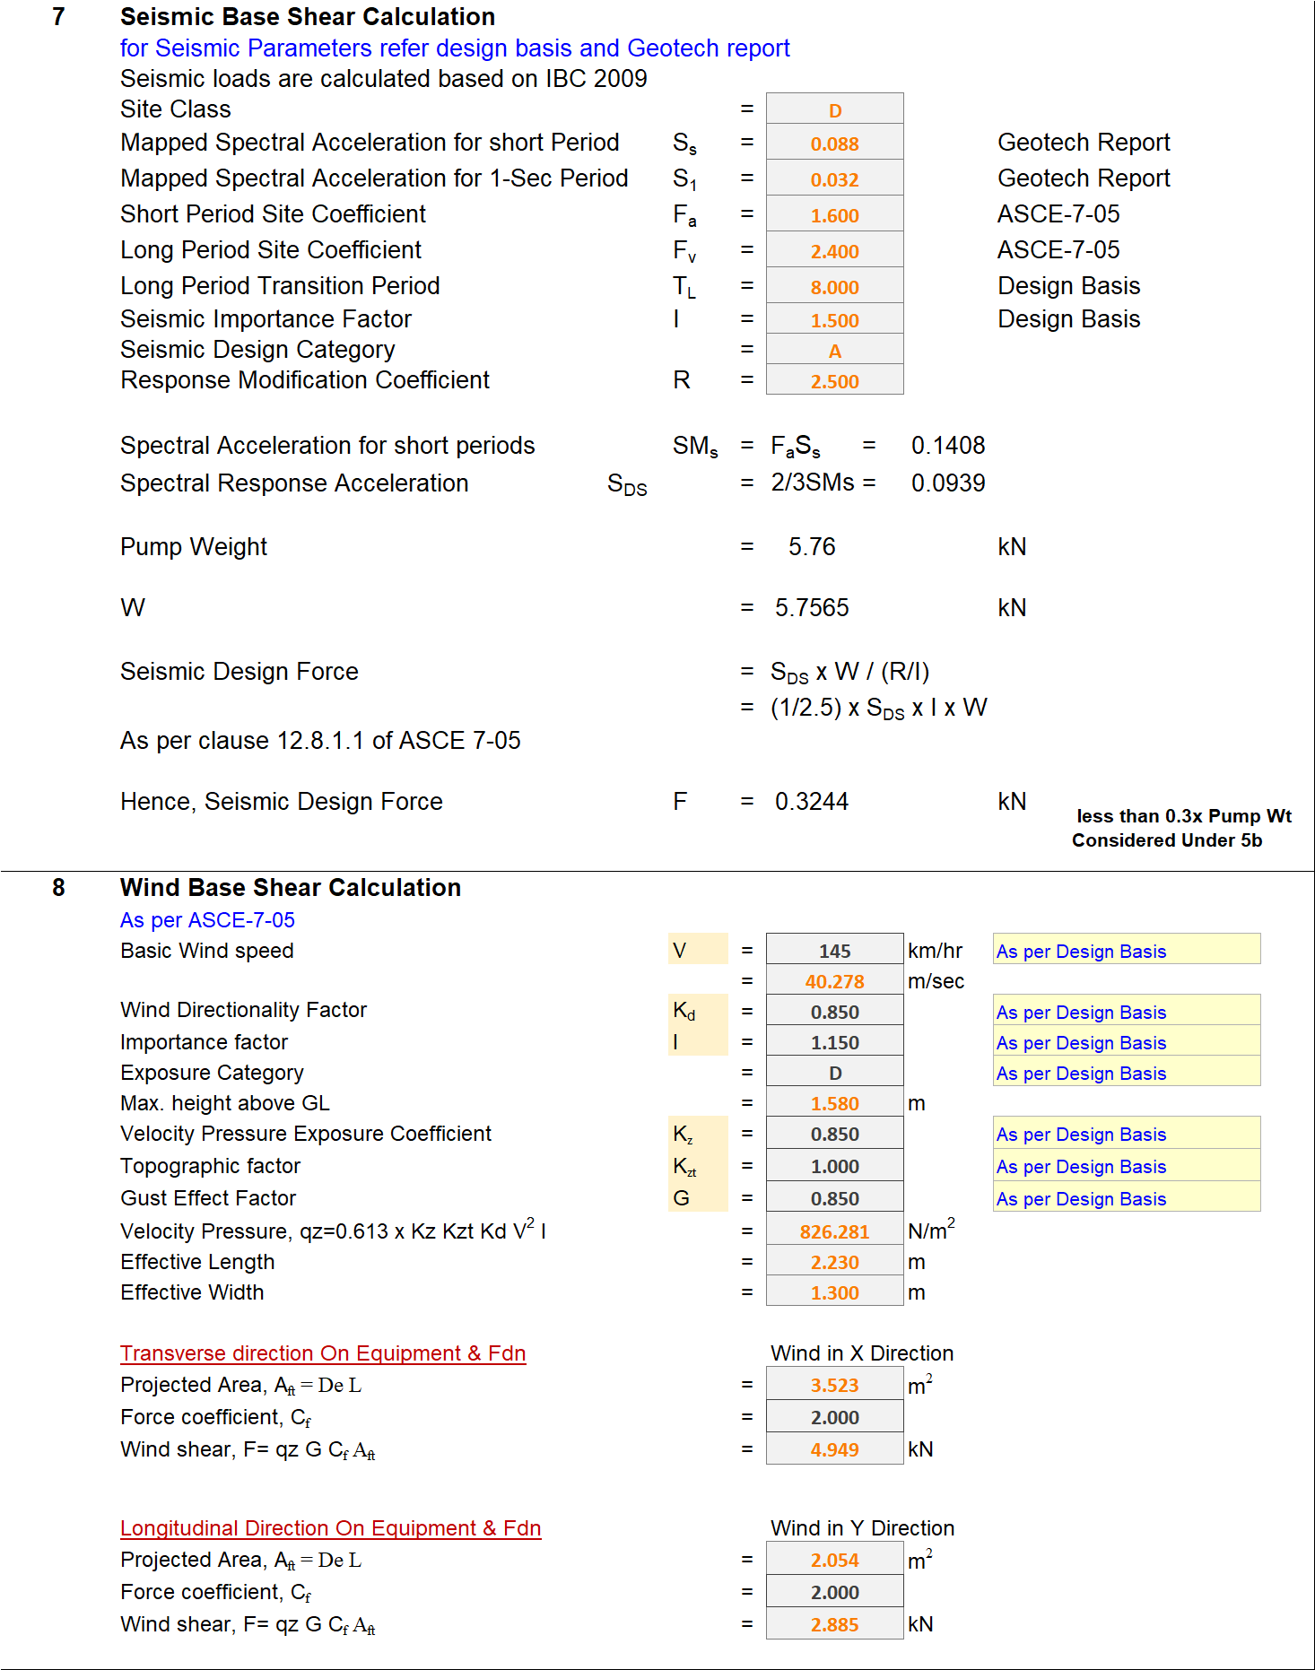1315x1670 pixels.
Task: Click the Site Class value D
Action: coord(834,110)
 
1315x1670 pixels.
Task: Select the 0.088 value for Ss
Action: coord(834,144)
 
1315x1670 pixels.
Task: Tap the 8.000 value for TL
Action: coord(834,287)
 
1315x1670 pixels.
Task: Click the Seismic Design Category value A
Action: coord(834,351)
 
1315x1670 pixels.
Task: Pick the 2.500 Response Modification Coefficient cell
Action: coord(834,381)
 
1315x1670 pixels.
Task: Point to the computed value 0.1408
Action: coord(948,446)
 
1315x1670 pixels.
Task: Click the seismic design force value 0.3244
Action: coord(812,802)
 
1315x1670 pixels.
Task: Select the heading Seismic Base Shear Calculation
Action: coord(308,17)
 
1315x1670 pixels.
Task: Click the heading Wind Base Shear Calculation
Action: coord(291,888)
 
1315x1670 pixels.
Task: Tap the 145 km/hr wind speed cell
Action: coord(834,951)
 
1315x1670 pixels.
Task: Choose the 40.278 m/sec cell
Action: coord(834,981)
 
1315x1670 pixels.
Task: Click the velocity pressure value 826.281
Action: coord(834,1231)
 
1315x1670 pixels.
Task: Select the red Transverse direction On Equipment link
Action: coord(323,1353)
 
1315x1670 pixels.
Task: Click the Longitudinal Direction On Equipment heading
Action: coord(330,1528)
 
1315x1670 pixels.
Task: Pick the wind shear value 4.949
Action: coord(834,1449)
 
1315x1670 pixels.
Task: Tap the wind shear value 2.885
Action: coord(834,1624)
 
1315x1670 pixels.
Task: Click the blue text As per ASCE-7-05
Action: coord(207,920)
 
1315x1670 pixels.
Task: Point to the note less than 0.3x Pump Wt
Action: coord(1183,816)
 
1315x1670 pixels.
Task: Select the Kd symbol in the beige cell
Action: coord(684,1012)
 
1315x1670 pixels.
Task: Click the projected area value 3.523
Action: coord(834,1385)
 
